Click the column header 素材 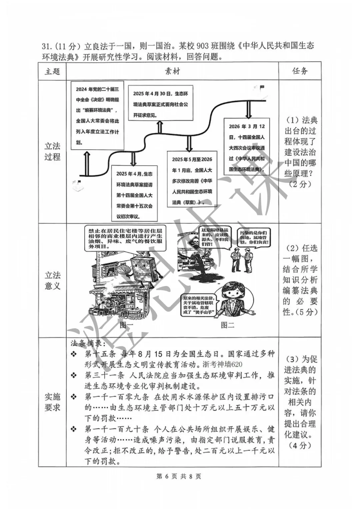point(172,71)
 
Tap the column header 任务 point(300,71)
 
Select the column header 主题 point(52,71)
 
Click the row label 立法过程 point(52,151)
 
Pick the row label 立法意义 point(52,280)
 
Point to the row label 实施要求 point(52,402)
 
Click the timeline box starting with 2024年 point(97,115)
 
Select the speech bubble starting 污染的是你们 point(255,238)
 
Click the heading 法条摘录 point(88,343)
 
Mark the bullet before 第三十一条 point(74,376)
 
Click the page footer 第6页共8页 point(179,476)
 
